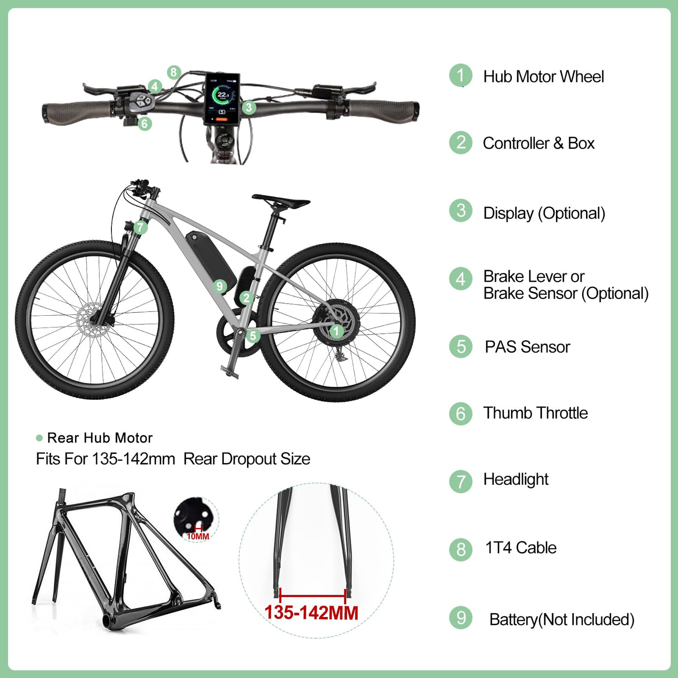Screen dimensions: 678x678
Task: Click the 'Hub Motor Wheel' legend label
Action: click(x=543, y=77)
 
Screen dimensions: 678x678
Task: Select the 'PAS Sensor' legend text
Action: click(x=527, y=347)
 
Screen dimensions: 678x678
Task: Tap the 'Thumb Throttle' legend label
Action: click(x=536, y=413)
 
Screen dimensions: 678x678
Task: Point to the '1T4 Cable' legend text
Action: click(x=521, y=548)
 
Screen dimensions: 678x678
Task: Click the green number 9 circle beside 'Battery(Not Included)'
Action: click(x=461, y=618)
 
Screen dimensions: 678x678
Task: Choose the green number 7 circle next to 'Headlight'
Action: click(x=461, y=481)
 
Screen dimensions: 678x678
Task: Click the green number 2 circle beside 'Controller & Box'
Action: click(x=461, y=143)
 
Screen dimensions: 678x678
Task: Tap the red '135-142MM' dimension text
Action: click(x=311, y=613)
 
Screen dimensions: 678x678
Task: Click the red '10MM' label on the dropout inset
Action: click(x=198, y=536)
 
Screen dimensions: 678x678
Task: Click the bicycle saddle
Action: click(x=280, y=201)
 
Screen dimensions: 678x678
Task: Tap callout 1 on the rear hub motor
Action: click(x=336, y=331)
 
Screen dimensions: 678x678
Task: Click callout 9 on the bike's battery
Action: click(x=219, y=286)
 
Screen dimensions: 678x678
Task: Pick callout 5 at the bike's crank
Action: click(x=253, y=336)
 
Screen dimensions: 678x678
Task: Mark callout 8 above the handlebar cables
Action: click(x=174, y=73)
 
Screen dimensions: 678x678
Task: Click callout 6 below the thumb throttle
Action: click(x=144, y=123)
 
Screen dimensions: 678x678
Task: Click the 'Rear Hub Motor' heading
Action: click(x=100, y=438)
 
